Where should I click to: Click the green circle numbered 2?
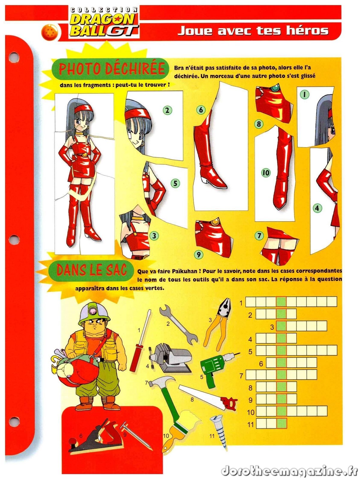point(167,110)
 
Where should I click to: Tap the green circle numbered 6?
point(201,110)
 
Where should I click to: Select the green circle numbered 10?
point(266,173)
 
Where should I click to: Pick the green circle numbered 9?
point(199,254)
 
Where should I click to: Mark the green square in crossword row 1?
point(281,301)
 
